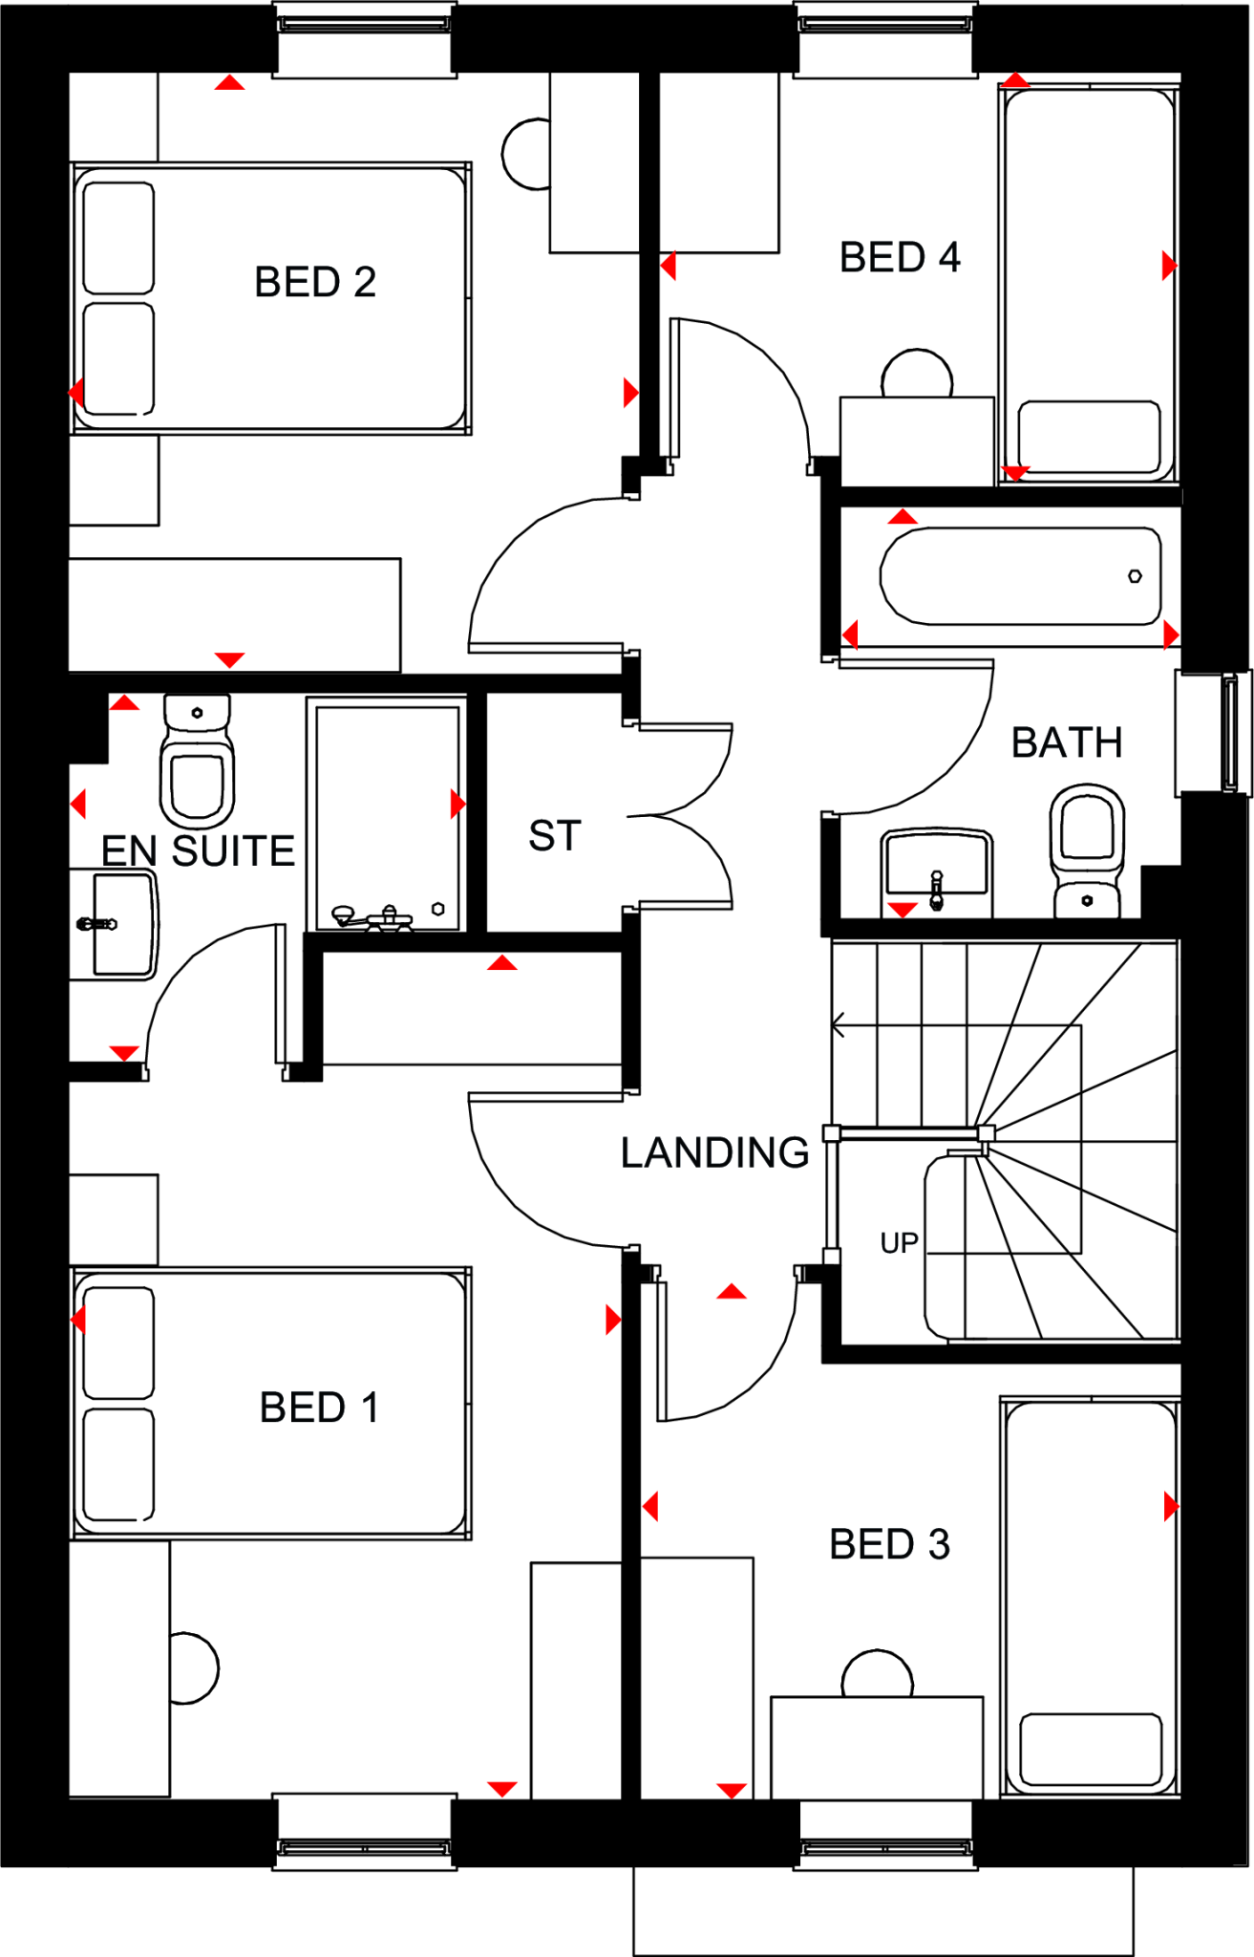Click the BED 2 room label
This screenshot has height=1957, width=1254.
(315, 283)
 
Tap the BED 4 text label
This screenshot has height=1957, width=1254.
(899, 258)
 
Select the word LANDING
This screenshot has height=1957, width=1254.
(714, 1153)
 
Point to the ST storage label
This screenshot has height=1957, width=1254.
(555, 836)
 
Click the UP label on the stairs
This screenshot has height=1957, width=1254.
(899, 1242)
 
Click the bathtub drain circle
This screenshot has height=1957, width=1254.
(1135, 576)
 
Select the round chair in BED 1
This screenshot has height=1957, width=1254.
(194, 1668)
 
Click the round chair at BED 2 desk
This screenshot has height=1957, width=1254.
(526, 153)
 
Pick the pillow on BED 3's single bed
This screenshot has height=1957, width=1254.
(1090, 1749)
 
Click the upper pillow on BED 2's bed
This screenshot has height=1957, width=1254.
(118, 238)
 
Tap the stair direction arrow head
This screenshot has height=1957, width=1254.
(838, 1026)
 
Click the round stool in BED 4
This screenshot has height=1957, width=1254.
(917, 374)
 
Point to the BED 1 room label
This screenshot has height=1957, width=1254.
(319, 1408)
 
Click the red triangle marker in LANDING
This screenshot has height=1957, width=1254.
(732, 1292)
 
